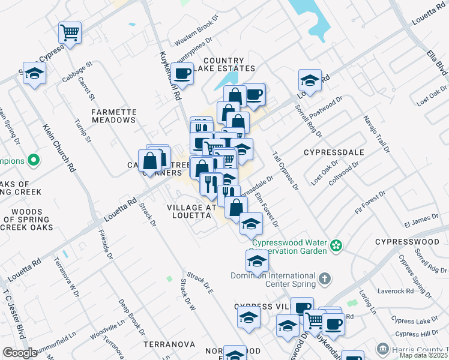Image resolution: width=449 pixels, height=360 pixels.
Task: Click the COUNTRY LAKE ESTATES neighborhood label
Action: (224, 65)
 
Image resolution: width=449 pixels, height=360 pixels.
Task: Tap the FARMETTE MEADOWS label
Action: (114, 116)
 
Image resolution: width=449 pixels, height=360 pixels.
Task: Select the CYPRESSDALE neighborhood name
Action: (334, 152)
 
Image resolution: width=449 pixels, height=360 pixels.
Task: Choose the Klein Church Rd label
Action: (58, 148)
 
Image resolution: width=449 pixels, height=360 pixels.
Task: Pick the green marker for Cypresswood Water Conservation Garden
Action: (337, 244)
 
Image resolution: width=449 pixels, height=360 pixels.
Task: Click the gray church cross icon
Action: (324, 278)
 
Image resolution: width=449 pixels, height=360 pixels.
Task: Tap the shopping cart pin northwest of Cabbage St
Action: (70, 32)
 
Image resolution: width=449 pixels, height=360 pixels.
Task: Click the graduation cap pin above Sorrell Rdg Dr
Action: (310, 80)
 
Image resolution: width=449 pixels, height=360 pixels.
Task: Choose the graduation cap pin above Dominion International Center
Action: (257, 261)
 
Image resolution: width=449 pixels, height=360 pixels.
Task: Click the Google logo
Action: (20, 353)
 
